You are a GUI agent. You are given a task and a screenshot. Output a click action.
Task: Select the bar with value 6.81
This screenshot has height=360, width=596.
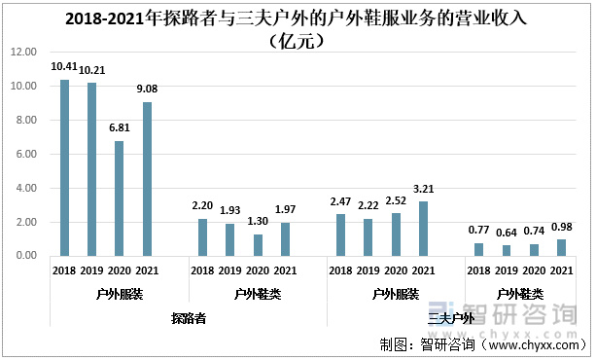pos(120,198)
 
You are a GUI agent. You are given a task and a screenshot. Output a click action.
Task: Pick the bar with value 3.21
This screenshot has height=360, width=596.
pos(423,229)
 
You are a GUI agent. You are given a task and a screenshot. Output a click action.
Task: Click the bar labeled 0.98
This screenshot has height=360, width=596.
pos(561,247)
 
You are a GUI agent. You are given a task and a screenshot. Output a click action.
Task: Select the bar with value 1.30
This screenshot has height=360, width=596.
pos(258,244)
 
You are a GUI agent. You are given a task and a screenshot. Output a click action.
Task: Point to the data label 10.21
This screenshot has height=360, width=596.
pos(92,71)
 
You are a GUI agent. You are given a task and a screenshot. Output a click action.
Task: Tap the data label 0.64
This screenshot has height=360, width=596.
pos(506,234)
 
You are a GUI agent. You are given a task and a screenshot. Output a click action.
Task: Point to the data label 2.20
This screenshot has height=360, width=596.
pos(203,207)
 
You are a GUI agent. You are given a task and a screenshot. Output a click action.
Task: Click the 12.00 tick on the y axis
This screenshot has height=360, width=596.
pos(24,53)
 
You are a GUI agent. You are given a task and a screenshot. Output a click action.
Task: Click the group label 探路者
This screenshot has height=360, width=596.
pos(188,318)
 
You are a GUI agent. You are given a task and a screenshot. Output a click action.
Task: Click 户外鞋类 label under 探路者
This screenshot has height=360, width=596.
pos(258,293)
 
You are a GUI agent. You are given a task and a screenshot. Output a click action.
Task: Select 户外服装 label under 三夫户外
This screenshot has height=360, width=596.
pos(395,293)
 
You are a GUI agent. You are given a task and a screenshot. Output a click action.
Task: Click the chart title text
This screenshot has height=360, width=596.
pos(298,28)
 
